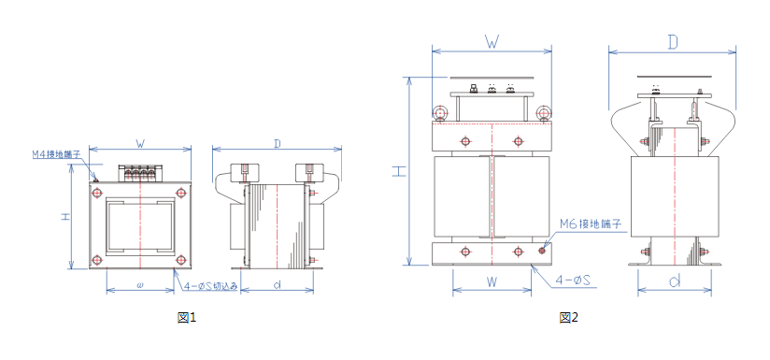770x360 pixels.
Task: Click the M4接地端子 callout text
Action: pyautogui.click(x=56, y=154)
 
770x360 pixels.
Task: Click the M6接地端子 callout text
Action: pyautogui.click(x=591, y=224)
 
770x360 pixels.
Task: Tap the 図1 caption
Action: pyautogui.click(x=187, y=318)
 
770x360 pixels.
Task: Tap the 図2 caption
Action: pyautogui.click(x=569, y=318)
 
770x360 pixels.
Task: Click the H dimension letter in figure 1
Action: pyautogui.click(x=64, y=218)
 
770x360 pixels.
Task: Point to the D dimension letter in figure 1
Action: pyautogui.click(x=278, y=143)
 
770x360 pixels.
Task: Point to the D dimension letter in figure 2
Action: pyautogui.click(x=673, y=43)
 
